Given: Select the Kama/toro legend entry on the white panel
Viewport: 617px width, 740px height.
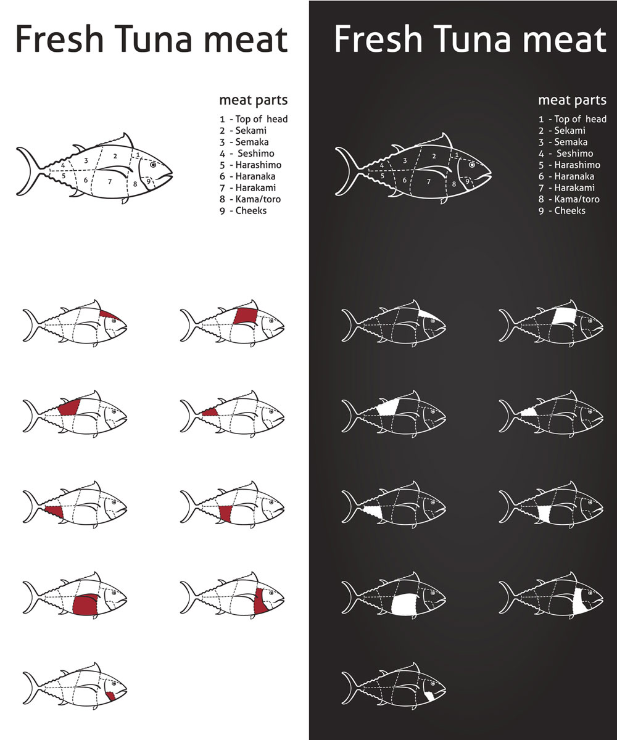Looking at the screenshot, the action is pos(250,199).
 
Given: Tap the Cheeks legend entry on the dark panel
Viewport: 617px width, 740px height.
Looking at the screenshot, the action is pos(561,210).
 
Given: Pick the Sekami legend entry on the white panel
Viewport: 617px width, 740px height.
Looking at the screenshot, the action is pos(243,130).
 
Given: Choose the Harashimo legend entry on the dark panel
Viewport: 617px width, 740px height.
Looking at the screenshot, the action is pos(569,165).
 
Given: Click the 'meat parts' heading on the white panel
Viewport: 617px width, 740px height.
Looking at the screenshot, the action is pos(253,101).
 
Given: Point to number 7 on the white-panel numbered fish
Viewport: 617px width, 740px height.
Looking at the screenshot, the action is pos(110,181).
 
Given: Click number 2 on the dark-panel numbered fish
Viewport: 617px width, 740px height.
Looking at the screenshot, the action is pos(434,156).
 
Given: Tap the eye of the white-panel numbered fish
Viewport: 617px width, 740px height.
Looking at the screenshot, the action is pos(153,165).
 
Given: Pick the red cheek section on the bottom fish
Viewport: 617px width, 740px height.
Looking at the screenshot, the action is pos(111,696).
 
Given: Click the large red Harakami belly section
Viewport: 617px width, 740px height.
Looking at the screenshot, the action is pos(86,604).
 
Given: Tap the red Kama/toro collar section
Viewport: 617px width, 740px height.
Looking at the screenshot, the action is pos(260,601).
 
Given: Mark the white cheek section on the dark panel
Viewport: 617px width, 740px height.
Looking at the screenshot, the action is pos(430,696).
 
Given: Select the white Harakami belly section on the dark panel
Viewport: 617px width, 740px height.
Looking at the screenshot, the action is pos(404,604).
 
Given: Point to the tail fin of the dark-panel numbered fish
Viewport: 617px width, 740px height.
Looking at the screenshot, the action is pos(349,171).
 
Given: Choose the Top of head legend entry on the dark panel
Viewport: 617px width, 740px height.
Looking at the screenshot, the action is pos(573,119).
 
